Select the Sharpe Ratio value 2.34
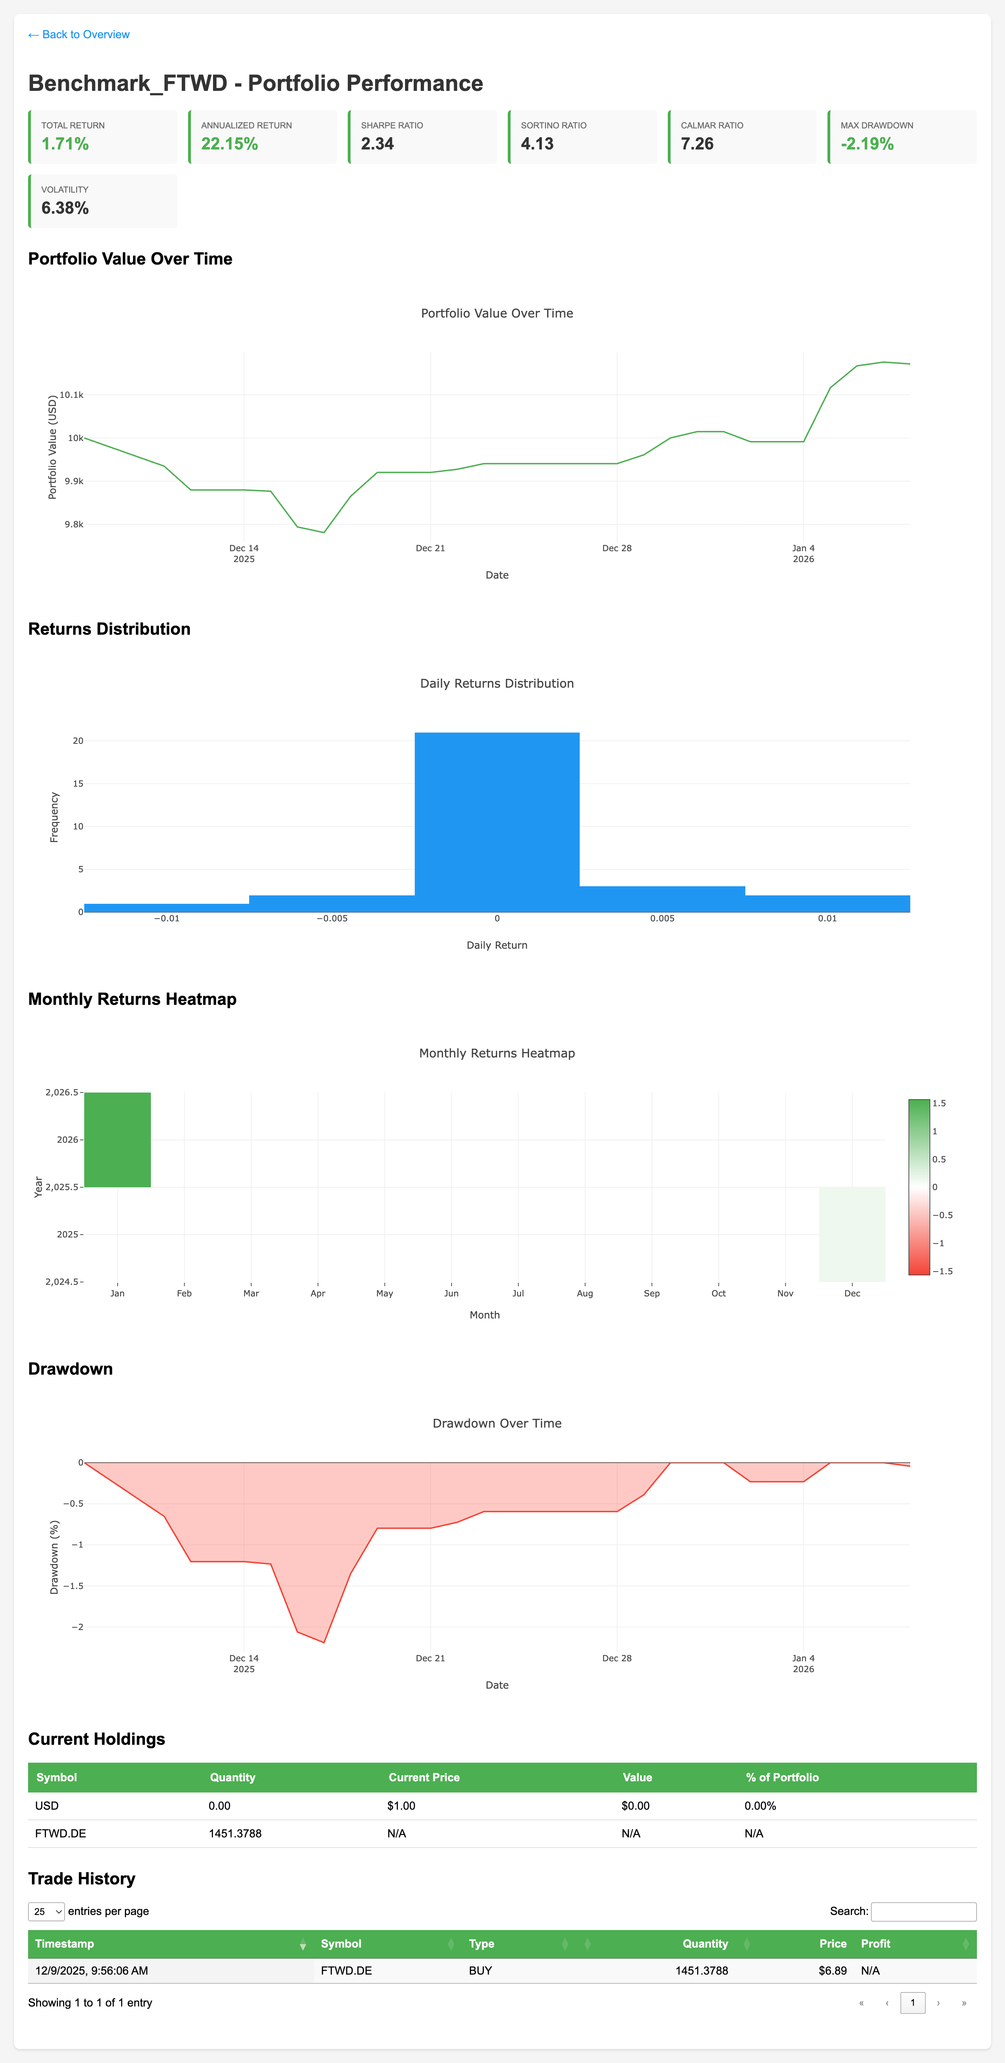pyautogui.click(x=377, y=144)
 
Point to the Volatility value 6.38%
pyautogui.click(x=65, y=208)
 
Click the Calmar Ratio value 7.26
pyautogui.click(x=697, y=144)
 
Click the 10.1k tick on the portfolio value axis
pyautogui.click(x=71, y=395)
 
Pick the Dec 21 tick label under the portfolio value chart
pyautogui.click(x=430, y=549)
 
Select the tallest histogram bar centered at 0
pyautogui.click(x=497, y=822)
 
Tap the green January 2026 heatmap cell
pyautogui.click(x=118, y=1140)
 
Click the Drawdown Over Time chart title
pyautogui.click(x=497, y=1423)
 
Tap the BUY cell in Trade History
pyautogui.click(x=480, y=1971)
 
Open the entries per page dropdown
pyautogui.click(x=46, y=1912)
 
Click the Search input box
pyautogui.click(x=923, y=1912)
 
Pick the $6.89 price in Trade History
pyautogui.click(x=832, y=1971)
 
